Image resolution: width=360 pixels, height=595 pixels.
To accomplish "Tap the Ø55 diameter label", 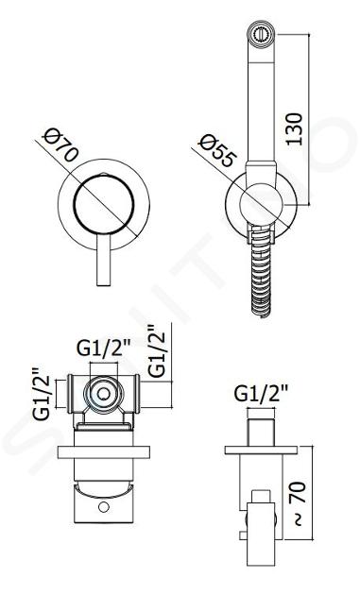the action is tap(216, 151).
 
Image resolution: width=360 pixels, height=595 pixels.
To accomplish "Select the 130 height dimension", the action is tap(295, 129).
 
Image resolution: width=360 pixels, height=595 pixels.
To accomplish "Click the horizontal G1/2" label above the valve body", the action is tap(104, 348).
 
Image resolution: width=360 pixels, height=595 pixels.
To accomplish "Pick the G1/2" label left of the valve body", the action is tap(41, 394).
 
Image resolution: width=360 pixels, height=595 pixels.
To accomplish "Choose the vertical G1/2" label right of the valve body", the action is tap(157, 350).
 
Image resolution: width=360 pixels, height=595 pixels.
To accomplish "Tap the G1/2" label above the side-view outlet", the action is tap(262, 394).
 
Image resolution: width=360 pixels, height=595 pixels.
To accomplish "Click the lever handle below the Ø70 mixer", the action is tap(104, 260).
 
